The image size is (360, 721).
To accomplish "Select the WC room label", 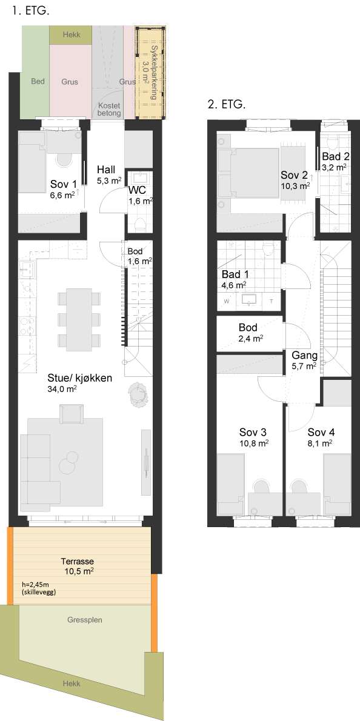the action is (x=141, y=196).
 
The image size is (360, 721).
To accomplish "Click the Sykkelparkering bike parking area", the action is (x=150, y=73).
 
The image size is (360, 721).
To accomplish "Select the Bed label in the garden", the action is (x=38, y=82).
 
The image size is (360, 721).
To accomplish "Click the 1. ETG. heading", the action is (x=31, y=11).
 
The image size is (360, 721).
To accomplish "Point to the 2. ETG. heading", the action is (x=227, y=104).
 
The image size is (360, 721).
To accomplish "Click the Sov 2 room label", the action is (x=295, y=181).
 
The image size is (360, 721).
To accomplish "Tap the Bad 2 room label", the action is (x=335, y=161).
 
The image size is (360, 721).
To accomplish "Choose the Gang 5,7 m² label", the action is (x=304, y=360).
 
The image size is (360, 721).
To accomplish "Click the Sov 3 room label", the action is (x=254, y=438).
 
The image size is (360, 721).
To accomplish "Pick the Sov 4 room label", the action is (x=321, y=438).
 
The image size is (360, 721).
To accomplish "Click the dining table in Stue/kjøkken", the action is (x=79, y=319).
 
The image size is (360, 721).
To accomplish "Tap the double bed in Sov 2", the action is (x=248, y=173).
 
